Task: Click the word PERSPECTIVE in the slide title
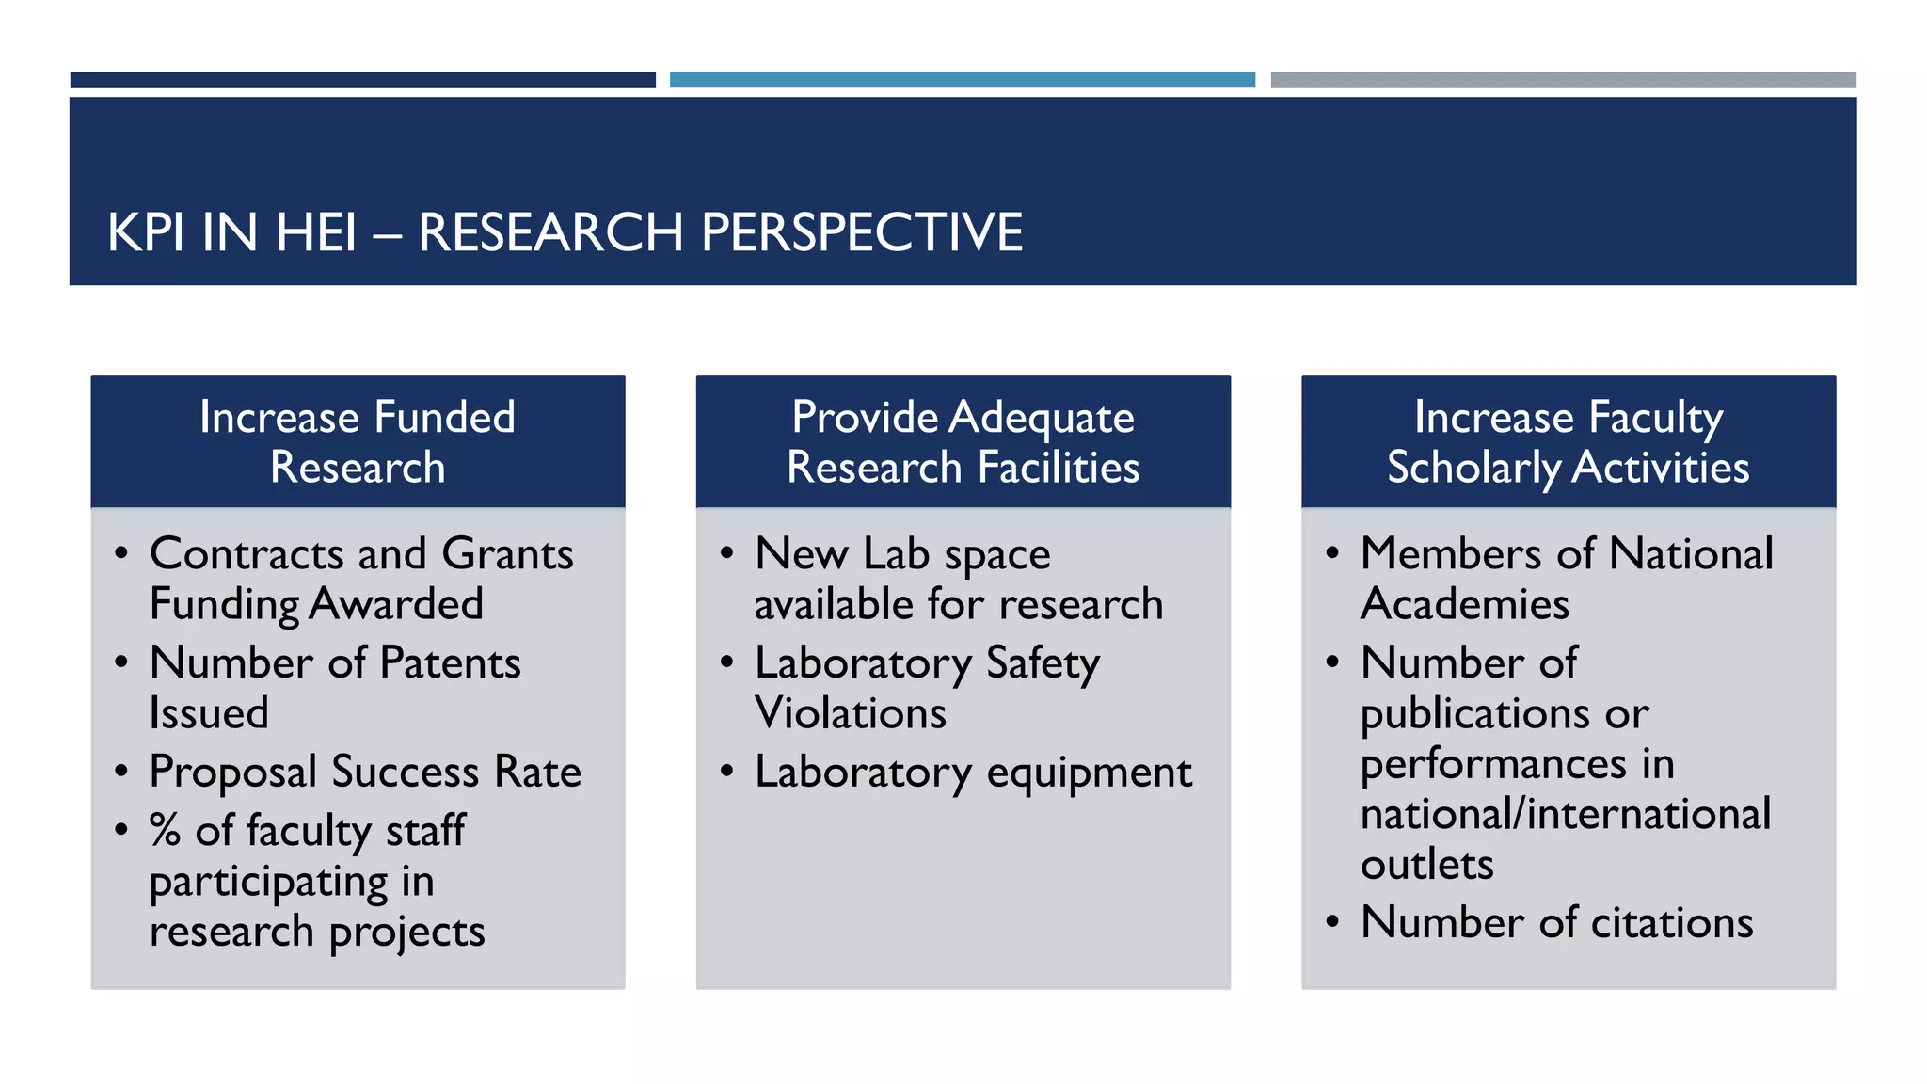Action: (x=862, y=232)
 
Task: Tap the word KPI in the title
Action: (x=145, y=232)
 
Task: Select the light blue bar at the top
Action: (x=962, y=80)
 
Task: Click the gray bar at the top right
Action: (x=1563, y=80)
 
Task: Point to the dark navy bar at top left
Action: (x=362, y=80)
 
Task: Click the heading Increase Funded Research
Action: (x=358, y=441)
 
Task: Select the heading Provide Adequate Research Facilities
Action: (x=963, y=441)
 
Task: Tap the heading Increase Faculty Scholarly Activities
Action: (x=1568, y=441)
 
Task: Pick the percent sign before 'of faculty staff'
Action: (x=165, y=831)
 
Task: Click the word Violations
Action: (x=851, y=713)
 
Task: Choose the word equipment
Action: (x=1089, y=773)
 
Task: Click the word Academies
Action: (x=1465, y=604)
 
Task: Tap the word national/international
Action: (x=1566, y=814)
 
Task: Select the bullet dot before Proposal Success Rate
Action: (x=121, y=772)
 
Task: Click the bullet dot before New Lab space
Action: (x=726, y=553)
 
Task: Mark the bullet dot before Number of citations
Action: (x=1332, y=921)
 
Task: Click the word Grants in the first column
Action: (x=507, y=553)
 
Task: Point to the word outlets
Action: (x=1426, y=864)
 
